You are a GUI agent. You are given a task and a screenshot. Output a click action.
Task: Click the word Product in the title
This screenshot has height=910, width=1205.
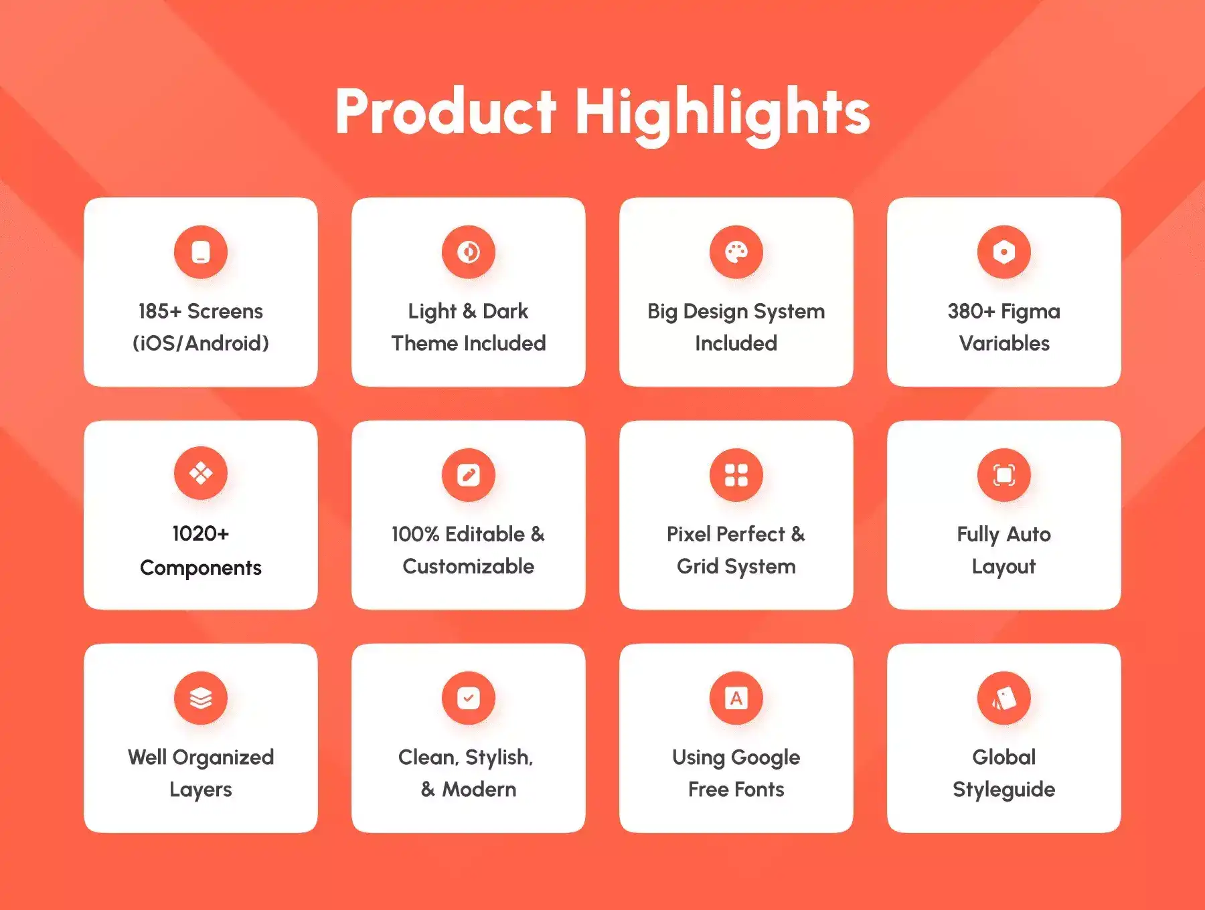click(446, 111)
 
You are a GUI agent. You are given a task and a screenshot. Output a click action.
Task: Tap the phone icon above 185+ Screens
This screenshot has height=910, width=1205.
click(201, 252)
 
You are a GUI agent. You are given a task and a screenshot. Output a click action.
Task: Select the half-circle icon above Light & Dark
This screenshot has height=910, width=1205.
click(469, 252)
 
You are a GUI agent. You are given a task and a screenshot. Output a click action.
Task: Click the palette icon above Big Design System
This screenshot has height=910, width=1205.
click(736, 252)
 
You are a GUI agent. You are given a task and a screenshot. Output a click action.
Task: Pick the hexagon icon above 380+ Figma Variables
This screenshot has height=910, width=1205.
click(1004, 252)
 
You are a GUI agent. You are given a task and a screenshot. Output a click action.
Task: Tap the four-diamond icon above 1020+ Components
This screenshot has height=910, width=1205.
click(201, 474)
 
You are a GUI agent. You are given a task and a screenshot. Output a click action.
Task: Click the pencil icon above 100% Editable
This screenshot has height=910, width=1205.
click(469, 475)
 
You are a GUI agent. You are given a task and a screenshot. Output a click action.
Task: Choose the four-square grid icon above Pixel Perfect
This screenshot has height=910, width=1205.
click(736, 475)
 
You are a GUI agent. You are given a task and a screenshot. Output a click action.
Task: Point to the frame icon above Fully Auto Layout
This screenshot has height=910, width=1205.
click(1004, 475)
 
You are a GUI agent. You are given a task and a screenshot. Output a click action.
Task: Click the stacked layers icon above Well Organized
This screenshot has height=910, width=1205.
click(201, 698)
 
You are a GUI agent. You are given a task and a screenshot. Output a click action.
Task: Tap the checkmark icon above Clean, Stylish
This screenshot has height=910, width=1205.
click(469, 698)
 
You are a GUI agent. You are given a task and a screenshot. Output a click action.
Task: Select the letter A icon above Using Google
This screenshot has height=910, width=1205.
click(736, 698)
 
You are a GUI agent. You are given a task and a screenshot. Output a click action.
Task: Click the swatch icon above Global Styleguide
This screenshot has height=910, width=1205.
click(1004, 698)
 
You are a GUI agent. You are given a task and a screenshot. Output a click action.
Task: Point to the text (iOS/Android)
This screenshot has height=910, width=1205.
click(201, 343)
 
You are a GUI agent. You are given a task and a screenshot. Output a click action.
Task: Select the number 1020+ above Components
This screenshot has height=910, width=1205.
click(201, 533)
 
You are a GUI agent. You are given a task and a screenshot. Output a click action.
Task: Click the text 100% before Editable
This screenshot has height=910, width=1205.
click(416, 534)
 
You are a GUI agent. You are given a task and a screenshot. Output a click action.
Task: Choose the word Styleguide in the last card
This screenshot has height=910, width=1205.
click(1004, 790)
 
